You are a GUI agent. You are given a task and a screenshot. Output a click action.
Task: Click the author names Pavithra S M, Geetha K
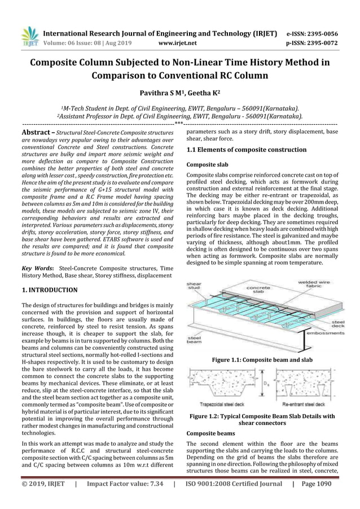tap(179, 93)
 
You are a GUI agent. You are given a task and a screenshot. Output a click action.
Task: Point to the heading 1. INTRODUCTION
tap(49, 290)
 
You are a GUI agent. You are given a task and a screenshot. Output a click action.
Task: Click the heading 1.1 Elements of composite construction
tap(247, 150)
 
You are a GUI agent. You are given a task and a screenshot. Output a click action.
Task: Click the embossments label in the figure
tap(324, 333)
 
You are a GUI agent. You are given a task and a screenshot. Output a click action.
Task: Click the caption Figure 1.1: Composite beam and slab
tap(262, 359)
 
